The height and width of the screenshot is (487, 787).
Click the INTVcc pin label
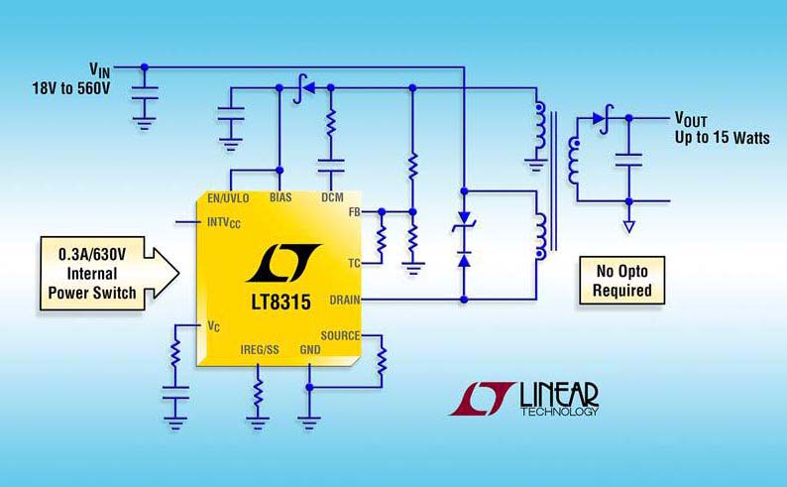223,222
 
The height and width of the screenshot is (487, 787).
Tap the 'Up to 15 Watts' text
723,136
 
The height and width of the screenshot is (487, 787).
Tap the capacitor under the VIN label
145,100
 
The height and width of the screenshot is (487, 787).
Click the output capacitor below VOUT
627,156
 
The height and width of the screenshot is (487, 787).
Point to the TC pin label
351,263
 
